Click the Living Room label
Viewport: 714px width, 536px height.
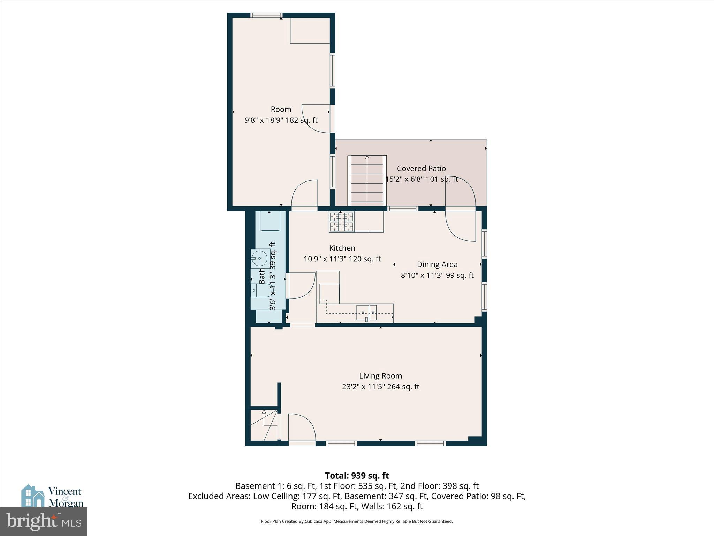coord(380,376)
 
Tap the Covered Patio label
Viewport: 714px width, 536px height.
coord(421,168)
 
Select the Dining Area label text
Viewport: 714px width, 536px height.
coord(437,265)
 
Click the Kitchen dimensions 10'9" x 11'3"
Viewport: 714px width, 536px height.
coord(342,259)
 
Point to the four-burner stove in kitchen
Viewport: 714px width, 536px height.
coord(341,222)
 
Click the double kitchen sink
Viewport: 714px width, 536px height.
coord(366,313)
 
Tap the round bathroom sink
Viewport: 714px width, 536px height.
coord(259,258)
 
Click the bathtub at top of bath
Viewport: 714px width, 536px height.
coord(270,221)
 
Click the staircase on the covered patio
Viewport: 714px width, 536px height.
coord(367,179)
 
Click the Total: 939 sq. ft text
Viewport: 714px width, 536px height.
coord(357,476)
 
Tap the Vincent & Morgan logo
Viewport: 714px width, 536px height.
coord(52,496)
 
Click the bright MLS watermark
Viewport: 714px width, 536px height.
coord(44,522)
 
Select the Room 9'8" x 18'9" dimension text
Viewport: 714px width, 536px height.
coord(281,120)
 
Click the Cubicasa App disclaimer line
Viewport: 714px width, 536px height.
coord(357,521)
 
